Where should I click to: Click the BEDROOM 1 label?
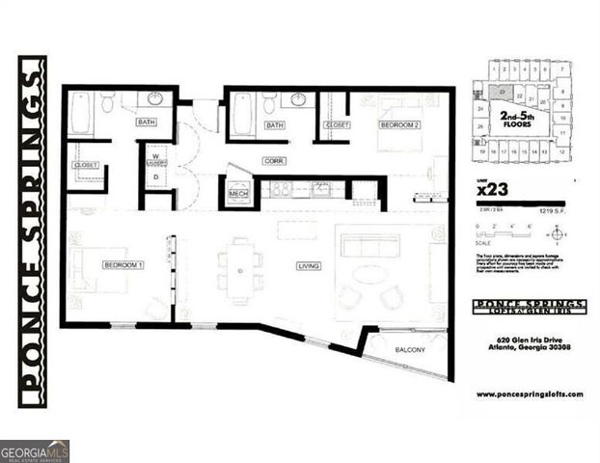coord(123,263)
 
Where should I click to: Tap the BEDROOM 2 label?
coord(397,124)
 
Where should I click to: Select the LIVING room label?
coord(309,266)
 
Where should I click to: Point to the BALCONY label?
coord(410,349)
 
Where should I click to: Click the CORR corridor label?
coord(274,161)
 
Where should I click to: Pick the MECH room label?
coord(237,193)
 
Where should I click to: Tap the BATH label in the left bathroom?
coord(146,123)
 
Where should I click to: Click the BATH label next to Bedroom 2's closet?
coord(275,124)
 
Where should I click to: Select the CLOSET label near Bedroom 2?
coord(338,124)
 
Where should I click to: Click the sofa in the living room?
coord(369,245)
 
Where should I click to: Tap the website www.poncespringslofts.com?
coord(530,395)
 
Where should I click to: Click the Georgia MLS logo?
coord(35,450)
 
